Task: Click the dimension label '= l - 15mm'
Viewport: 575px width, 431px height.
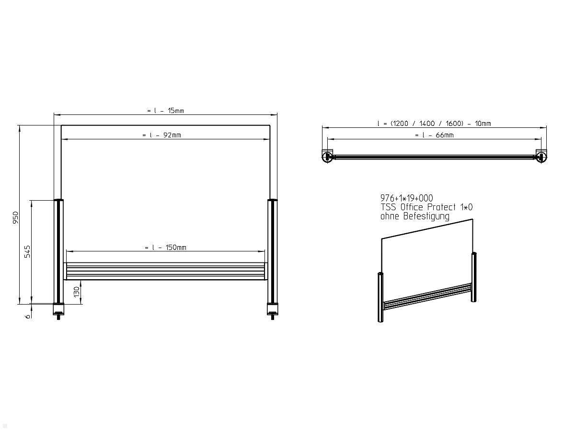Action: click(165, 111)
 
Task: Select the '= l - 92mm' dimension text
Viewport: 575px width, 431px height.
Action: click(161, 135)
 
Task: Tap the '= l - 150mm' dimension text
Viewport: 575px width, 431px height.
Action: click(165, 248)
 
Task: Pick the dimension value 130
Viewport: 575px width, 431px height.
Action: click(76, 292)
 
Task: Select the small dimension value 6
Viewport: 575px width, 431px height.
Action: click(27, 316)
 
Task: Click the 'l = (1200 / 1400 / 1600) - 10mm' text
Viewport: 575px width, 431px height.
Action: click(434, 124)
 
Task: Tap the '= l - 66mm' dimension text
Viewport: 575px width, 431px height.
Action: click(434, 135)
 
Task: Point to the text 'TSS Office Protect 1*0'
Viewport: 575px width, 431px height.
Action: click(426, 207)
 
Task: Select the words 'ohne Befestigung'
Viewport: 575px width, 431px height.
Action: click(414, 216)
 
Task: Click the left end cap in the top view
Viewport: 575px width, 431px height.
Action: click(328, 157)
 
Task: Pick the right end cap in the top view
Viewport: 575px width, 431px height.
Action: click(541, 157)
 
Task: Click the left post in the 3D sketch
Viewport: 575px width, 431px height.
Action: click(380, 297)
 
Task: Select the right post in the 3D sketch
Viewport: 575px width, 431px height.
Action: click(474, 277)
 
